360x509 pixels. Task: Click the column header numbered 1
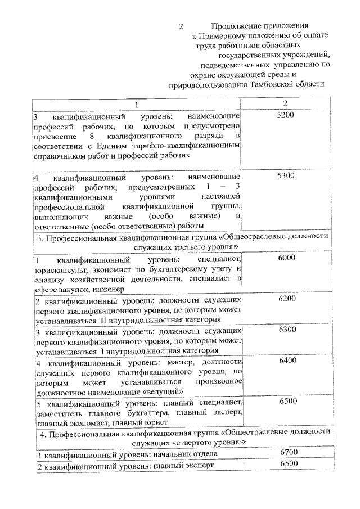(135, 105)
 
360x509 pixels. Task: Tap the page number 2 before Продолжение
(181, 26)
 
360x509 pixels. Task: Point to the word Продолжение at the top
(235, 26)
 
